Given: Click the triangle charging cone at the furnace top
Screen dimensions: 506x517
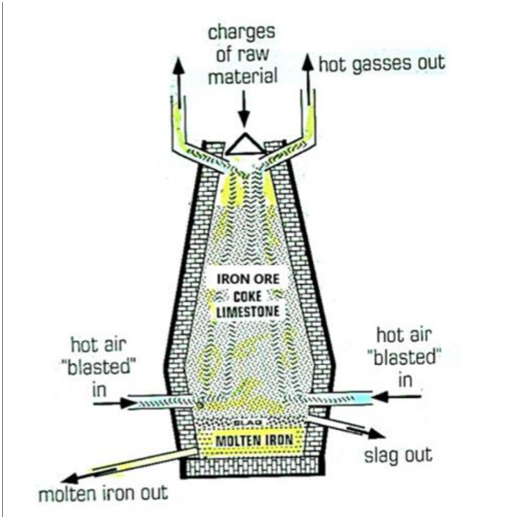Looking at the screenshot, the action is click(x=244, y=143).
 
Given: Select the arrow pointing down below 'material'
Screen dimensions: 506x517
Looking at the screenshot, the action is click(x=243, y=109).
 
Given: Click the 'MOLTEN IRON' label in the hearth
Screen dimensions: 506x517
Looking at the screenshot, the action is click(x=254, y=439).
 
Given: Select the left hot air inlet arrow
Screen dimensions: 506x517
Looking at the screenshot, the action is click(x=109, y=401).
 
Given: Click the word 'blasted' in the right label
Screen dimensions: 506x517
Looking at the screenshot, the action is click(x=405, y=357).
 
